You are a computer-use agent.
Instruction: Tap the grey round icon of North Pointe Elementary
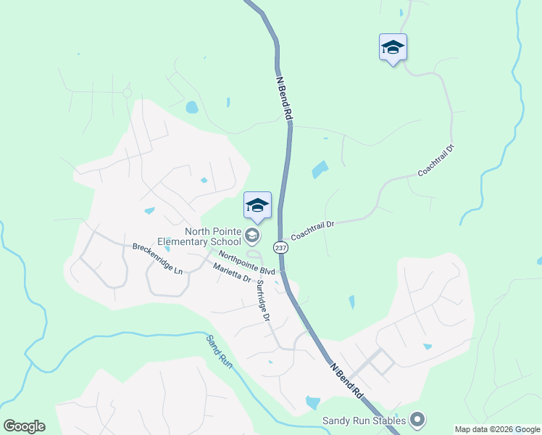(x=252, y=234)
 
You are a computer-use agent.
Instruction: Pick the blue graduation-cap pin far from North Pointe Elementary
(x=393, y=49)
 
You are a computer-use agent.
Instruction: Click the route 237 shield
(x=280, y=248)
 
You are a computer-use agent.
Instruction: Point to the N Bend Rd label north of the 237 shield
(x=285, y=98)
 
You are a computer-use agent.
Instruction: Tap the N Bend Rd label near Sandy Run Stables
(x=347, y=381)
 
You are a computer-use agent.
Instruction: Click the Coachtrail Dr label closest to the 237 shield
(x=312, y=231)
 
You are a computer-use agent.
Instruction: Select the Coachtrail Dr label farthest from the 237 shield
(x=435, y=162)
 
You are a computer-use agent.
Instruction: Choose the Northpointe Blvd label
(x=246, y=262)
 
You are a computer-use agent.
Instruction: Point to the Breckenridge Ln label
(x=157, y=257)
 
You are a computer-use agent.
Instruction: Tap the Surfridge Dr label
(x=263, y=302)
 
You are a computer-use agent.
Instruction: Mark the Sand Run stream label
(x=219, y=351)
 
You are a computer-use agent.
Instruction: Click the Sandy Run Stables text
(x=364, y=420)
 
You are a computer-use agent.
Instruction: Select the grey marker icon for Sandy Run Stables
(x=417, y=419)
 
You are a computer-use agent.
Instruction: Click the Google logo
(x=24, y=426)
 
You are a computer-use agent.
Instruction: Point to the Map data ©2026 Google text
(x=497, y=429)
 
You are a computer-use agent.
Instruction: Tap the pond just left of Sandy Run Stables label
(x=313, y=402)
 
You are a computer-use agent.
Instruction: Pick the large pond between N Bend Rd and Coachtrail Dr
(x=320, y=170)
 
